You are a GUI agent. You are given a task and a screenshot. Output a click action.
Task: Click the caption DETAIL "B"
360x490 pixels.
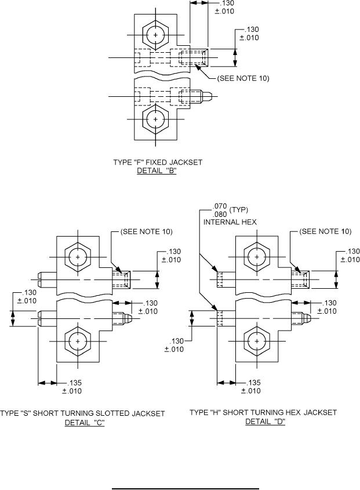(x=157, y=171)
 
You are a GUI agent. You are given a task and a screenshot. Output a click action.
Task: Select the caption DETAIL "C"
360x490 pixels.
(x=85, y=422)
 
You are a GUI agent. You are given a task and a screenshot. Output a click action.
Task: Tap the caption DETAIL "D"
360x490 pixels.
(x=265, y=422)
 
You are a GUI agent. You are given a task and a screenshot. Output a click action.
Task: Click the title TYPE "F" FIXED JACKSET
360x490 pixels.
(x=157, y=163)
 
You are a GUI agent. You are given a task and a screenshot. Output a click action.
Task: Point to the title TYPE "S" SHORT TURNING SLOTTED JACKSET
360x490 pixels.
(x=82, y=413)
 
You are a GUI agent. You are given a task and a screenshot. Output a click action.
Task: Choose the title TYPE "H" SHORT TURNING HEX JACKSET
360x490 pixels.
(x=263, y=413)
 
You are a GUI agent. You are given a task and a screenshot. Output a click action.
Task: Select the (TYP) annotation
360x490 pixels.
(x=239, y=209)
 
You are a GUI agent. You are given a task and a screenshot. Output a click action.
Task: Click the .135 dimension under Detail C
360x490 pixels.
(x=75, y=383)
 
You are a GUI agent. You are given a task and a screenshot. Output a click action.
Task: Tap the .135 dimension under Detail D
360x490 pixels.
(x=253, y=383)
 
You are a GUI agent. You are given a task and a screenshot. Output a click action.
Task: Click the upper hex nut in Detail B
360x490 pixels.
(x=156, y=35)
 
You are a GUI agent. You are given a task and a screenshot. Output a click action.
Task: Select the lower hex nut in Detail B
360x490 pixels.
(x=156, y=119)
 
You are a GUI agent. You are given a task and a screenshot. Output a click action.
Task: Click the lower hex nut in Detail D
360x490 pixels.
(x=256, y=342)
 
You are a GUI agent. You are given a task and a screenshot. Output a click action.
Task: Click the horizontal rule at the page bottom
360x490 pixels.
(x=186, y=474)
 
